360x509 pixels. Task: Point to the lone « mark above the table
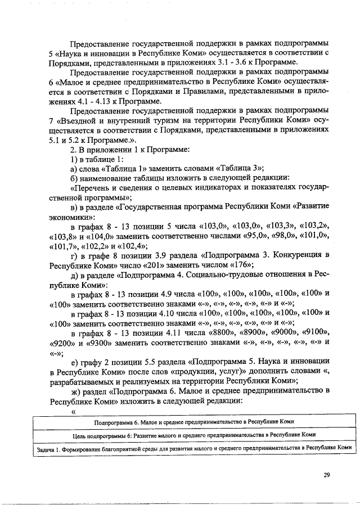click(73, 411)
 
